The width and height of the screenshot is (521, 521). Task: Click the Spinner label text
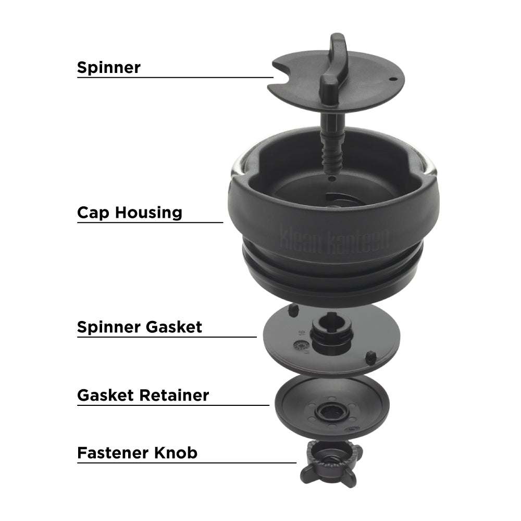[x=108, y=67]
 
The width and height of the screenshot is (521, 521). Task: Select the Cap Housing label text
[x=130, y=213]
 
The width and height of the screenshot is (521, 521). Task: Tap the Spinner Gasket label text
[x=139, y=327]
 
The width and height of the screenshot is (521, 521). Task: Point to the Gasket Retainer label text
[x=143, y=395]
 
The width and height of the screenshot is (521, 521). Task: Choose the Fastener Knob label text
[x=137, y=452]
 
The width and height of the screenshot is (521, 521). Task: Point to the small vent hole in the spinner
[x=393, y=80]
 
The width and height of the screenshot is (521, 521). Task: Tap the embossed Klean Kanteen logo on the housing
[x=334, y=238]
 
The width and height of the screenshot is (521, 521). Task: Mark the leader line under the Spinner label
[x=175, y=78]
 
